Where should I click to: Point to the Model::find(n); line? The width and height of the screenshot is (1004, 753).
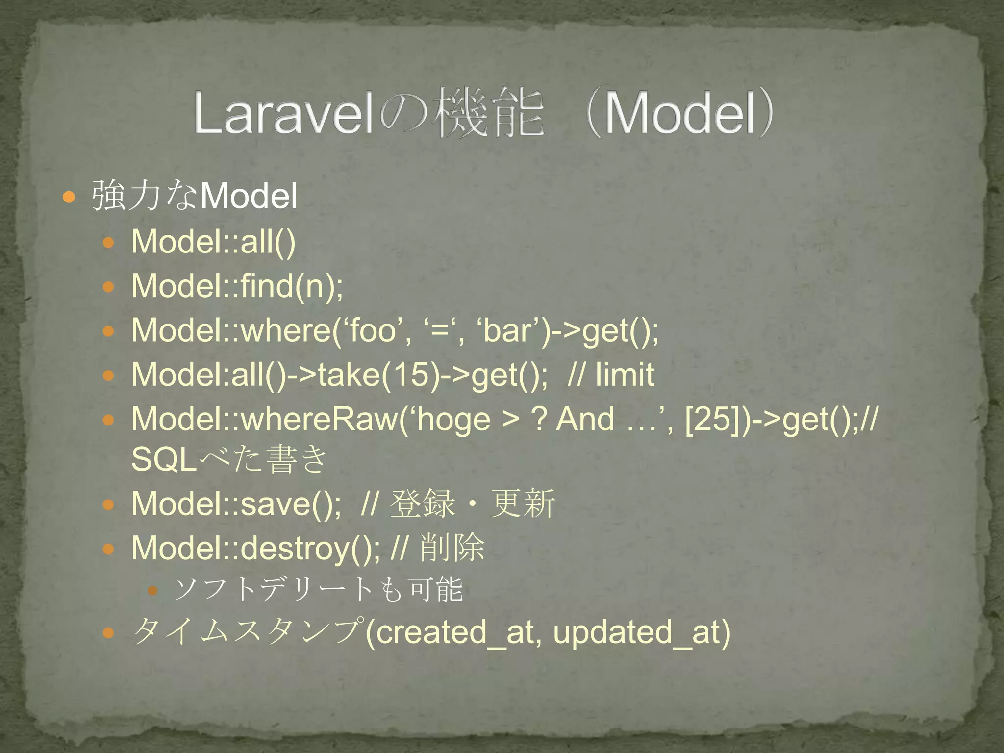(237, 286)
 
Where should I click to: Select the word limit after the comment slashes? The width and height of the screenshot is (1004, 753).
(625, 375)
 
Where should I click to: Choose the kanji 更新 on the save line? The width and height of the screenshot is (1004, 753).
(523, 503)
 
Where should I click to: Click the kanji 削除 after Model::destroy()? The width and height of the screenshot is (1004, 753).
(452, 548)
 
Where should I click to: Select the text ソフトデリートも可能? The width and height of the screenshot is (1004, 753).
(319, 589)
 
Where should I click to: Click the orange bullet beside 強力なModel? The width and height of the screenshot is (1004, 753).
(69, 197)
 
